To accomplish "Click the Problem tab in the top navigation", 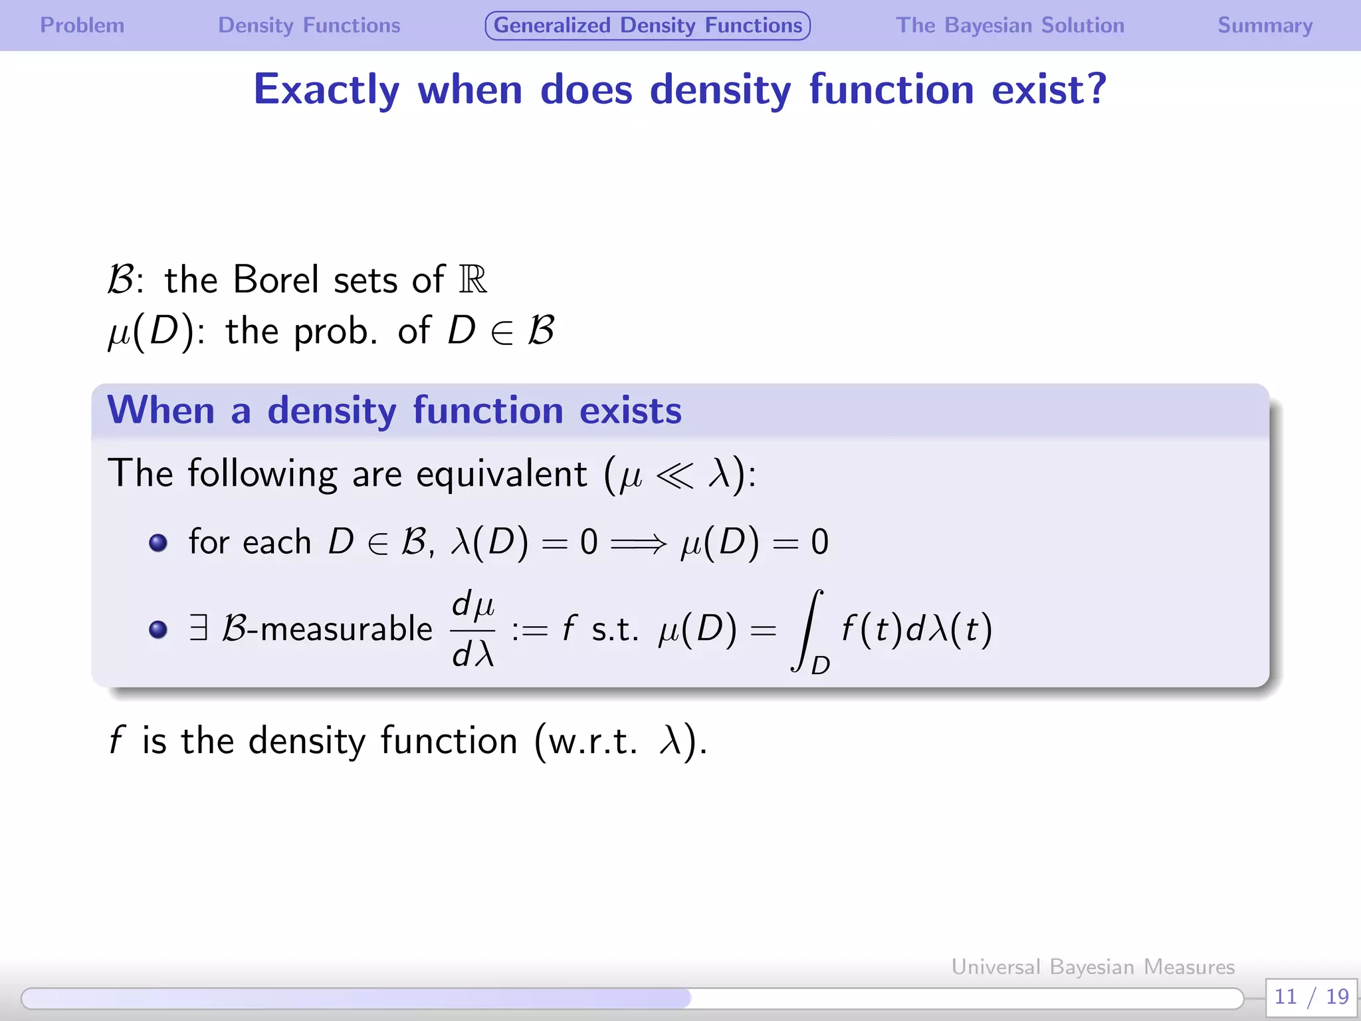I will [82, 25].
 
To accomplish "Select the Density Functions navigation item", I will [309, 25].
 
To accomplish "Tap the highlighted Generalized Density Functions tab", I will [647, 25].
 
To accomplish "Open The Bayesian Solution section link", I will [1009, 25].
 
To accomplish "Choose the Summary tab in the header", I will [1265, 25].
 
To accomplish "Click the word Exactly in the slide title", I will [326, 90].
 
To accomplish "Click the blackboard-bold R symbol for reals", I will [472, 279].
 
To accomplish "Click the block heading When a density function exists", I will [394, 410].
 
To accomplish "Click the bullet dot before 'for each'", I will [158, 543].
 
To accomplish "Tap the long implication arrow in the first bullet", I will [638, 544].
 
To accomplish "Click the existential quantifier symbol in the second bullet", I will [198, 628].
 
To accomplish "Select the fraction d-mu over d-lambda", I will [473, 629].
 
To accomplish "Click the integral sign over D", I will [807, 629].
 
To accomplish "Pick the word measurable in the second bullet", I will [346, 629].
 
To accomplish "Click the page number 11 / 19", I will [1311, 996].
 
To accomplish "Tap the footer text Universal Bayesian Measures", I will [1093, 966].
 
